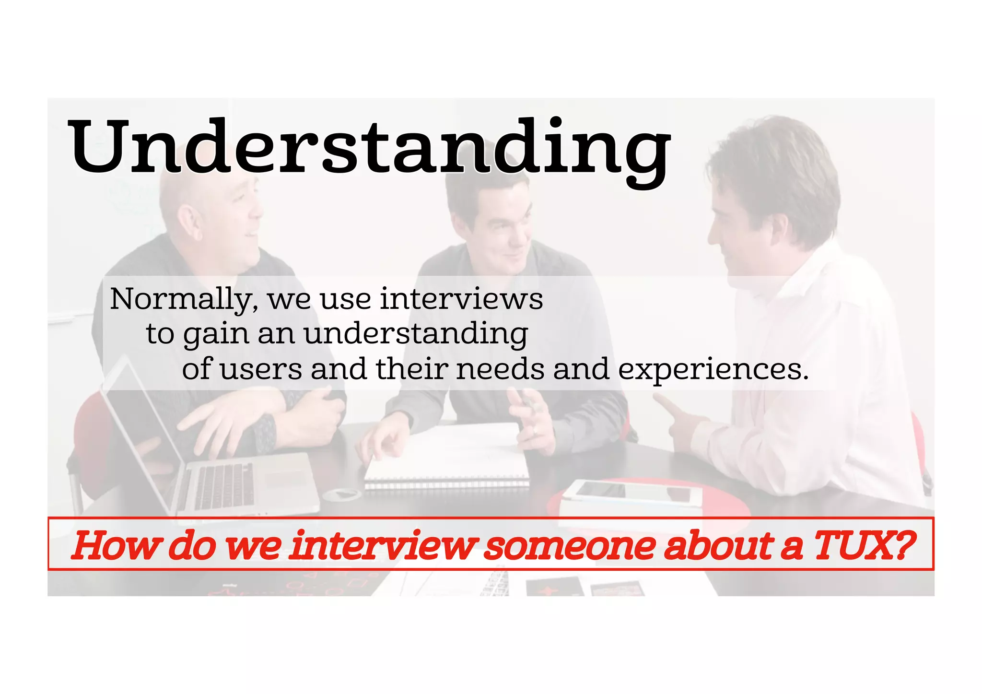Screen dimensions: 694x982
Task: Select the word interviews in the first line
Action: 461,299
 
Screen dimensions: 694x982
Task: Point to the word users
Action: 261,370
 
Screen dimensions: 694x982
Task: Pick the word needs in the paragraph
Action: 500,370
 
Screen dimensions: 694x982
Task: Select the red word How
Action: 116,545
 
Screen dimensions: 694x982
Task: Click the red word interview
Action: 384,545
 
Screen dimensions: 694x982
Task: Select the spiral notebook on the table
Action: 446,460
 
